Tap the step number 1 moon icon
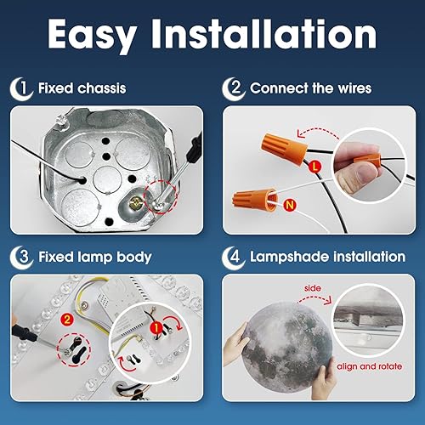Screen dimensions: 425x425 (x=24, y=88)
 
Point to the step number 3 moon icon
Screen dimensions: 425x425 (x=24, y=256)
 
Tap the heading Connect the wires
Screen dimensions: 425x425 (x=311, y=88)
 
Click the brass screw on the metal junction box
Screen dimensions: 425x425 (x=135, y=201)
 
